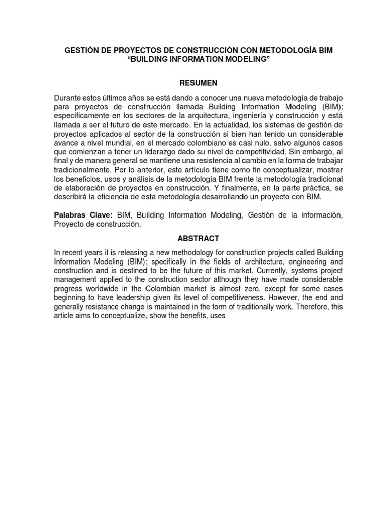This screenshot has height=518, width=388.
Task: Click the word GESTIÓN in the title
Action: coord(79,51)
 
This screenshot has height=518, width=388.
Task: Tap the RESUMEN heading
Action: coord(194,82)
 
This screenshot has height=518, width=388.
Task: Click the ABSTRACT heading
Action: coord(194,238)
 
